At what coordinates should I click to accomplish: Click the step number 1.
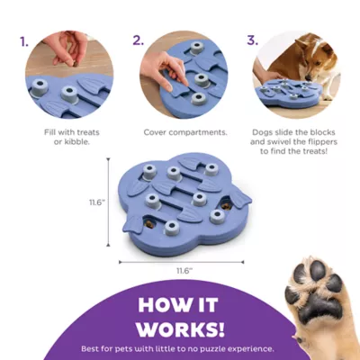coord(24,40)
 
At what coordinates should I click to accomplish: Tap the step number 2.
coord(138,40)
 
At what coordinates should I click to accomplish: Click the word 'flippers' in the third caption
coord(323,143)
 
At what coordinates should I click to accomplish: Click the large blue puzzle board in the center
coord(180,198)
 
